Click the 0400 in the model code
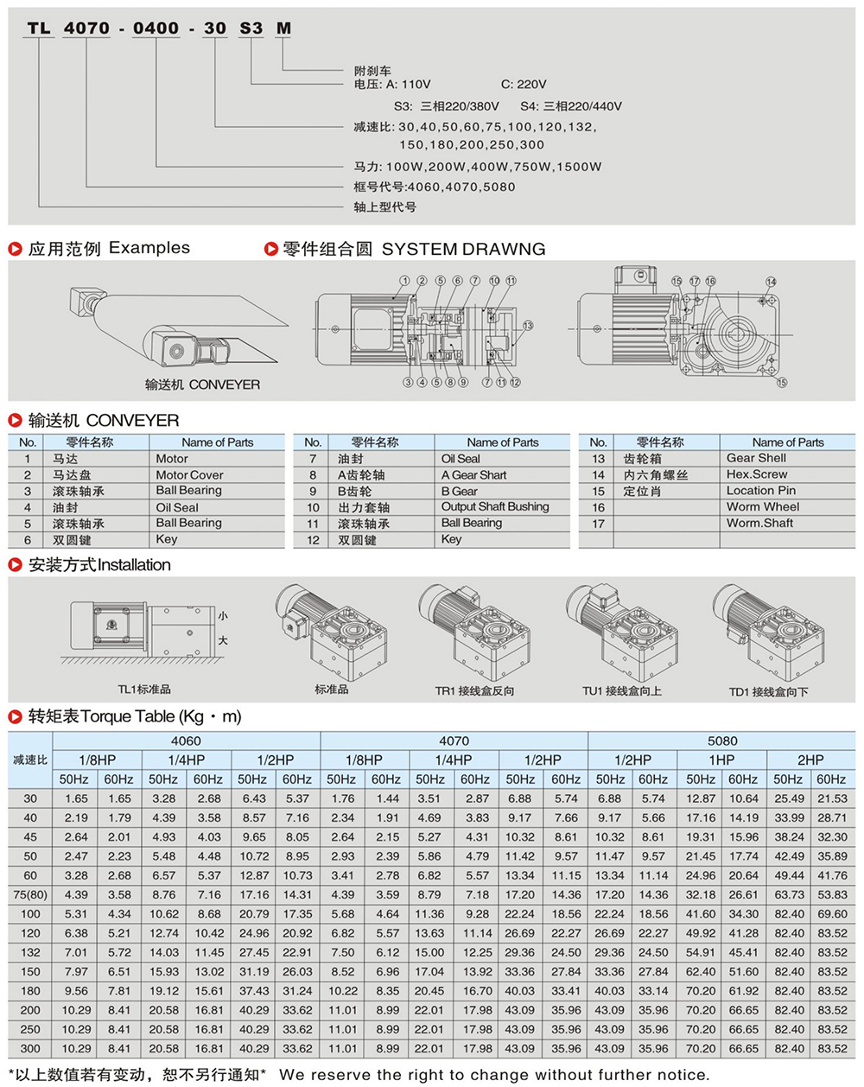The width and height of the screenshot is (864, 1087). pyautogui.click(x=156, y=29)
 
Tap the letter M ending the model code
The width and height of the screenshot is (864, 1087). pyautogui.click(x=283, y=29)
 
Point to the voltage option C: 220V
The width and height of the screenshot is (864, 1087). pyautogui.click(x=524, y=85)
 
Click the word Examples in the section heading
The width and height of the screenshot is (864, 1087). pyautogui.click(x=149, y=248)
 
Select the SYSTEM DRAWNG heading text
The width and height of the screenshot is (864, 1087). pyautogui.click(x=463, y=249)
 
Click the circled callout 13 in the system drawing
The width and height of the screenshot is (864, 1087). pyautogui.click(x=527, y=326)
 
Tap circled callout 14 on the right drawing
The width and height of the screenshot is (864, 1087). pyautogui.click(x=771, y=282)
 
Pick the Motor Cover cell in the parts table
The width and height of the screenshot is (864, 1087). pyautogui.click(x=189, y=474)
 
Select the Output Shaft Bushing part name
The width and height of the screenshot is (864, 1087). pyautogui.click(x=495, y=506)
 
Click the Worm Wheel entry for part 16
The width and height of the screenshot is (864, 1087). pyautogui.click(x=762, y=506)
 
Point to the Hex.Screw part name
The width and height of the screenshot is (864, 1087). pyautogui.click(x=757, y=474)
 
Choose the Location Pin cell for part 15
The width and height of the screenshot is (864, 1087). pyautogui.click(x=760, y=490)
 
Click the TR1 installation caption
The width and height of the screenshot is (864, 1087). pyautogui.click(x=474, y=691)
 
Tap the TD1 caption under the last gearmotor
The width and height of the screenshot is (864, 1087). pyautogui.click(x=768, y=691)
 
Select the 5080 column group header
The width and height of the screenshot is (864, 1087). pyautogui.click(x=721, y=741)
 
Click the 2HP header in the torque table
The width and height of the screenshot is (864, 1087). pyautogui.click(x=810, y=760)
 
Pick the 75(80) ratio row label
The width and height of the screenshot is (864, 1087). pyautogui.click(x=30, y=894)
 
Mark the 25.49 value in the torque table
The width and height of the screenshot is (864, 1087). pyautogui.click(x=789, y=799)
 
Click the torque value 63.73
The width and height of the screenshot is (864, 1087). pyautogui.click(x=789, y=894)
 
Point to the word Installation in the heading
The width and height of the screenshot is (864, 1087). pyautogui.click(x=134, y=565)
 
